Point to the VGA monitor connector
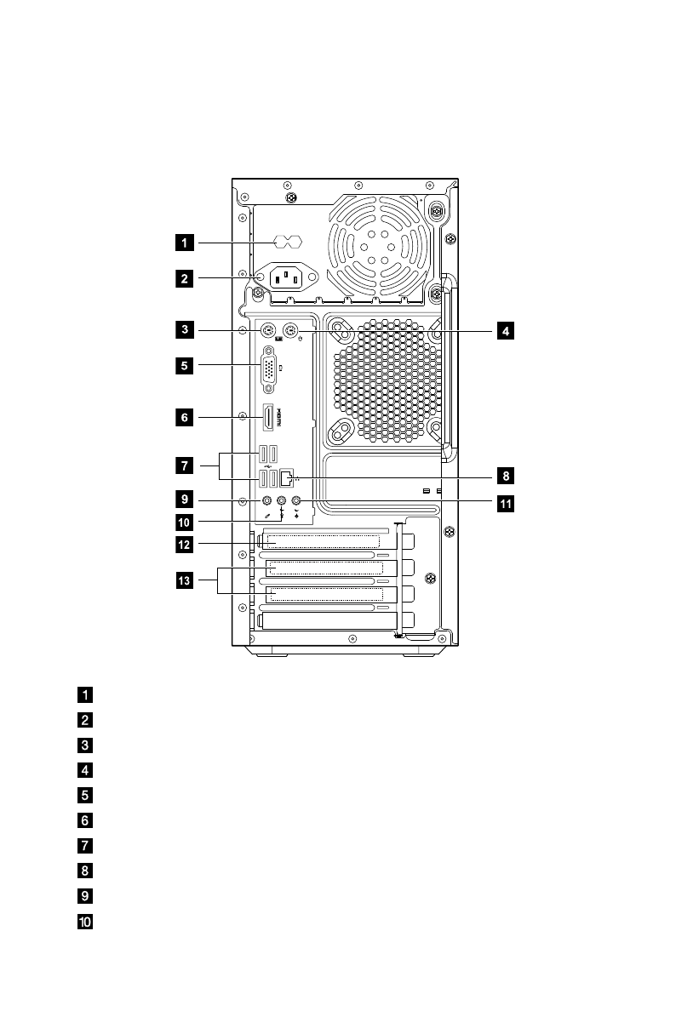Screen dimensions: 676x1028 point(268,369)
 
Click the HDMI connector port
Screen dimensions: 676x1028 point(268,417)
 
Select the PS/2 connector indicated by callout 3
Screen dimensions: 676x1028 point(266,330)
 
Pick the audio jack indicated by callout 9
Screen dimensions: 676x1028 point(266,502)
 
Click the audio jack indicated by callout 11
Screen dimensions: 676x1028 point(296,502)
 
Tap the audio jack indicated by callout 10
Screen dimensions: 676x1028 point(281,502)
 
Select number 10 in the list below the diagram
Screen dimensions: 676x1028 point(85,922)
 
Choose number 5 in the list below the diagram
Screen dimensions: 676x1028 point(85,796)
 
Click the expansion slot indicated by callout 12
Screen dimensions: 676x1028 point(323,540)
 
